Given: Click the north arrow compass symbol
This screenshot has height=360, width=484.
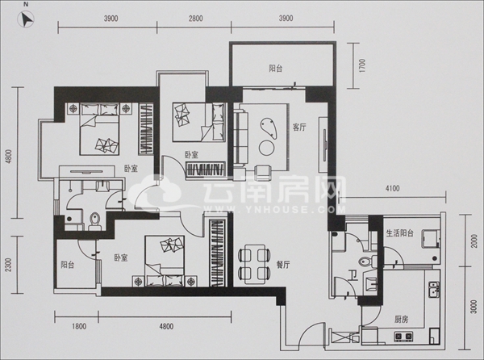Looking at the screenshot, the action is coord(27,19).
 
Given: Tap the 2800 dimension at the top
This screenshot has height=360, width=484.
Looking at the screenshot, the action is coord(196,19).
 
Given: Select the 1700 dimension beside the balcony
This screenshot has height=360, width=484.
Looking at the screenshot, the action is coord(362,65).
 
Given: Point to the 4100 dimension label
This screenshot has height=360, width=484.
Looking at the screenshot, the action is coord(392,188).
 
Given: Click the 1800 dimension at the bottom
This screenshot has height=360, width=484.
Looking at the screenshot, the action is coord(79,326).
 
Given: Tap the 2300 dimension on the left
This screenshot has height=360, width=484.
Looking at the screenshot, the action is coord(8,265).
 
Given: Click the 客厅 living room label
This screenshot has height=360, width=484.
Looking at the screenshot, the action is coord(299,128).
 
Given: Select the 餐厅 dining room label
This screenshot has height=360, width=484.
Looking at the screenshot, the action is coord(283,265).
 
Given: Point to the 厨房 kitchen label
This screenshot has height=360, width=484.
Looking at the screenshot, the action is coord(401,320).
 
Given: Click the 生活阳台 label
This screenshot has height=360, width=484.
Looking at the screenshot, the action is coord(400,233).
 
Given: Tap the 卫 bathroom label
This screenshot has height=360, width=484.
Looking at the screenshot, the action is coord(353,275).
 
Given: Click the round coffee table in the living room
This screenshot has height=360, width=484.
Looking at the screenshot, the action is coord(267,148).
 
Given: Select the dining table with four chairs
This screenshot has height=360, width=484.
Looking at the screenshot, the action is coord(255,264).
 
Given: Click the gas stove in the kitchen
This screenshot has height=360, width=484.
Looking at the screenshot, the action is coord(403,336).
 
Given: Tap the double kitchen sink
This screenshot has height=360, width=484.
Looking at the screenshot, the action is coord(433,289).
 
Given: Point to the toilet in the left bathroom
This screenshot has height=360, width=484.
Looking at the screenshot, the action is coord(94,220).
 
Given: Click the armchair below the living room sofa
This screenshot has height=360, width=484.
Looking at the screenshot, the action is coord(264,172).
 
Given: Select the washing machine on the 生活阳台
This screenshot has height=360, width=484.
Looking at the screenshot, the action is coord(432,238).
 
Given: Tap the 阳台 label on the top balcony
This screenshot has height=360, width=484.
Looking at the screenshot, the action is coord(275,69).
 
